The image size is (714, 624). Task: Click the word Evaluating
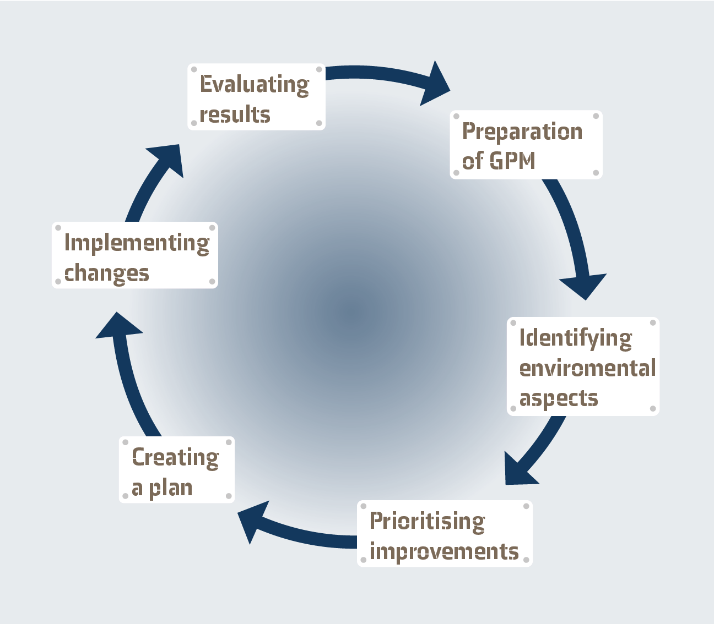255,85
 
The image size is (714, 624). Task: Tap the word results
235,115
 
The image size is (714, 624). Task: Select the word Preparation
522,132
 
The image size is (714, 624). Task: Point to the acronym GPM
512,161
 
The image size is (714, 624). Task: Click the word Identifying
576,338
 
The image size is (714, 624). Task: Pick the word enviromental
587,368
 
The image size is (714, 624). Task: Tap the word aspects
559,398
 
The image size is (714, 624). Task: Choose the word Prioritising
427,521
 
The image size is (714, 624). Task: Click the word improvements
444,551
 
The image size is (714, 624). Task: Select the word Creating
175,458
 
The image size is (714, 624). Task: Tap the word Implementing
137,243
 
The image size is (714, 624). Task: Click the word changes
107,273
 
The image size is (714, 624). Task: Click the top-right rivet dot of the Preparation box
596,116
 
